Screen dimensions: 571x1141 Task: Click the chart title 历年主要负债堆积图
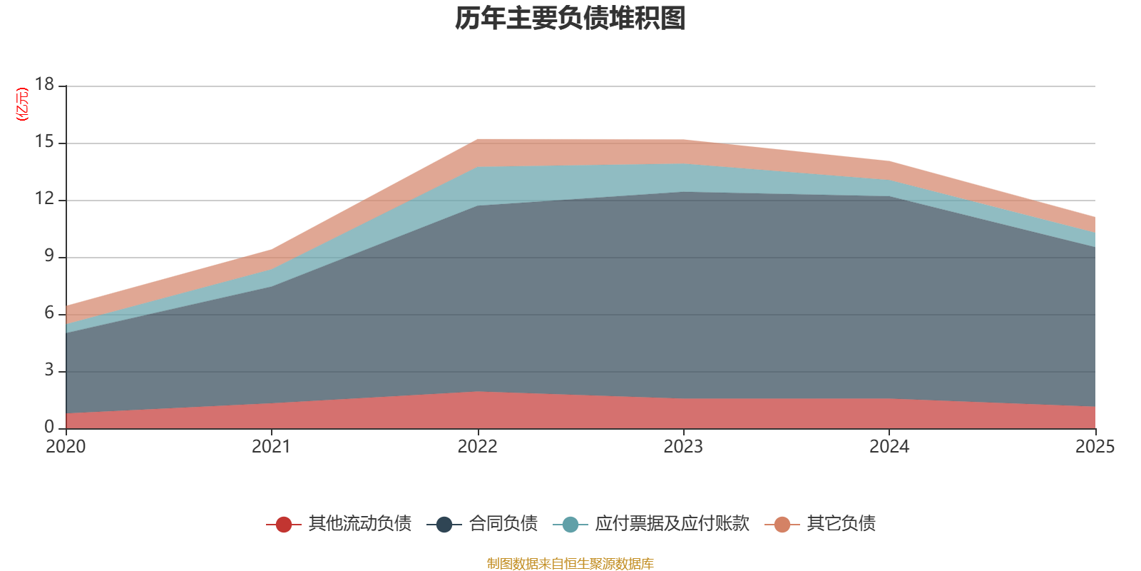click(570, 19)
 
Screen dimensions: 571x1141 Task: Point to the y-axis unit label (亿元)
click(23, 104)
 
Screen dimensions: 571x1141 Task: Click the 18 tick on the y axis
click(45, 84)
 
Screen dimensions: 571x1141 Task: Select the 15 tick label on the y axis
click(45, 141)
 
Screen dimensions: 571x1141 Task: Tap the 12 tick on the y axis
click(45, 198)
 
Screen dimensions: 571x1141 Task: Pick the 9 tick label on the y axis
click(49, 256)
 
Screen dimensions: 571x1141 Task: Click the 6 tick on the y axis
click(49, 313)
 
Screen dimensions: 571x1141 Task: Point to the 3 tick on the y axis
click(49, 370)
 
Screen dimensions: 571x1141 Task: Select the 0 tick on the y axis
click(49, 427)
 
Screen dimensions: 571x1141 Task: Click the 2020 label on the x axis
click(66, 447)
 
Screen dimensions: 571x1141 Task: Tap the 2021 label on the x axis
click(271, 447)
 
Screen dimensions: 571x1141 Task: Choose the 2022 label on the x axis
click(477, 447)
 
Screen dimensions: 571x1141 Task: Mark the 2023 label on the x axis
click(683, 447)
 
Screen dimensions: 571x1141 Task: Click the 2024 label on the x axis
click(889, 447)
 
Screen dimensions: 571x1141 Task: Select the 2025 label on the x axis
click(1094, 447)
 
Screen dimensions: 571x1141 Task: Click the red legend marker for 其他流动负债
click(284, 525)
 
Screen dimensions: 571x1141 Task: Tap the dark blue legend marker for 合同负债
click(444, 525)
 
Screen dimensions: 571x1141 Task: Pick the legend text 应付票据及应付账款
click(672, 524)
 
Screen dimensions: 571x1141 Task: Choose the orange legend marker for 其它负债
click(782, 525)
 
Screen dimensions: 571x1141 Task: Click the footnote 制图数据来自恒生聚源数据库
click(570, 564)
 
